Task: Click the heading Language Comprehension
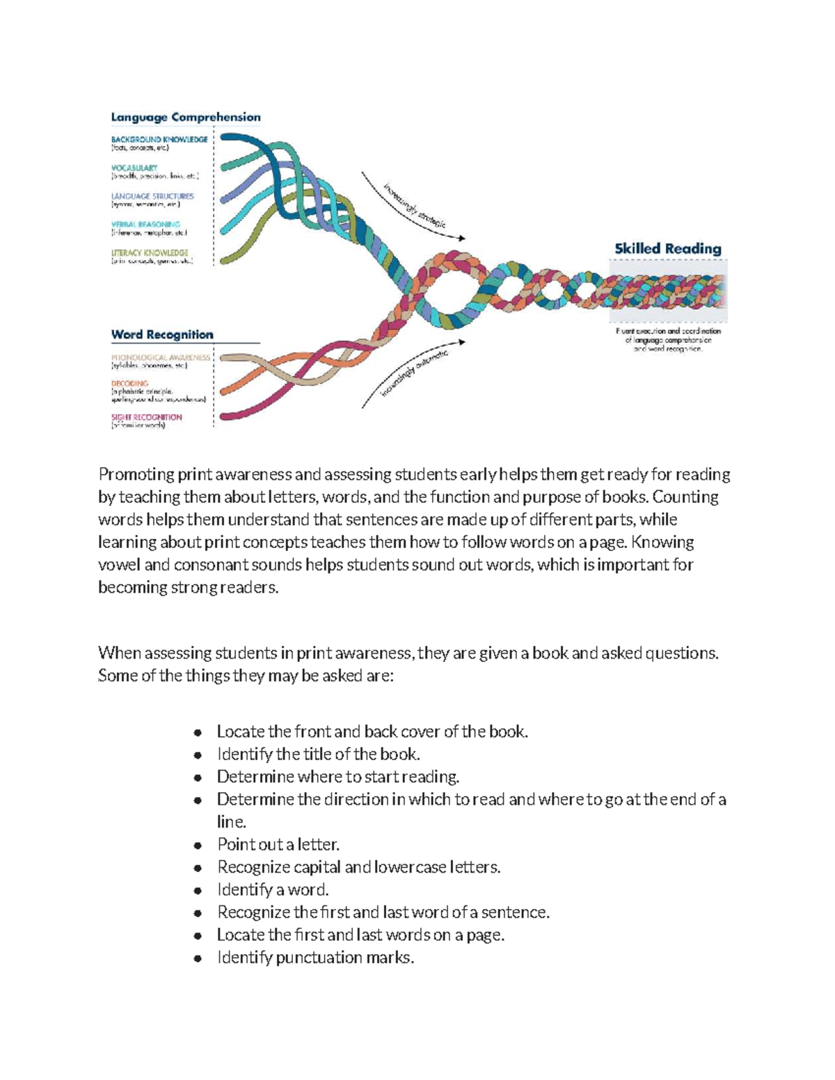pyautogui.click(x=186, y=118)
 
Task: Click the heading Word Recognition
pyautogui.click(x=162, y=335)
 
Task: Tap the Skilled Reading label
pyautogui.click(x=667, y=248)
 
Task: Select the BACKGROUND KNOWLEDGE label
pyautogui.click(x=159, y=139)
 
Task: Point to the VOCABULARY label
pyautogui.click(x=134, y=168)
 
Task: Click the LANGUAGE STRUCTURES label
pyautogui.click(x=152, y=196)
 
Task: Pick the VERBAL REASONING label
pyautogui.click(x=145, y=225)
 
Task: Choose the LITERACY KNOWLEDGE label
pyautogui.click(x=150, y=253)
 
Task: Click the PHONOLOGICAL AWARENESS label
pyautogui.click(x=161, y=357)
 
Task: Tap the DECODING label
pyautogui.click(x=130, y=383)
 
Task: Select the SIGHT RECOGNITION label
pyautogui.click(x=147, y=417)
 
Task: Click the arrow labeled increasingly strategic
pyautogui.click(x=413, y=206)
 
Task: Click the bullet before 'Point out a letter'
pyautogui.click(x=198, y=846)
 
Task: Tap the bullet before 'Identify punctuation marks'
pyautogui.click(x=198, y=958)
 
